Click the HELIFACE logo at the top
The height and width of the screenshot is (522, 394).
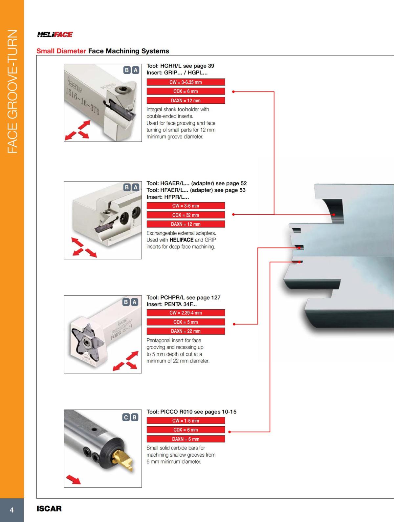pos(55,34)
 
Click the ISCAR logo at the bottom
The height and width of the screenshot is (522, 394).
pos(49,509)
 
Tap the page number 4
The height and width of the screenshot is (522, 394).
pos(12,510)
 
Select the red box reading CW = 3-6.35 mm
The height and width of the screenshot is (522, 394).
pos(186,82)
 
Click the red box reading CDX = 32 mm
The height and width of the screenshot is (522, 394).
pos(186,215)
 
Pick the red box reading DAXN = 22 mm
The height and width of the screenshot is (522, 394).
pos(186,331)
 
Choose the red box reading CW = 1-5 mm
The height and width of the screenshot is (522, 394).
pos(186,421)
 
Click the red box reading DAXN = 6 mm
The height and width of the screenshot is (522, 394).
pos(186,439)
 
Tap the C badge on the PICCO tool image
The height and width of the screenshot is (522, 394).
pos(126,417)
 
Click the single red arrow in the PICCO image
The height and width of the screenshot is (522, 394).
pos(74,479)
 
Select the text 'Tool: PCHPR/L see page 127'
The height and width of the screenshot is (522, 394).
pos(183,298)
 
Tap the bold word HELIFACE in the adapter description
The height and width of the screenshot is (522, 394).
pos(181,240)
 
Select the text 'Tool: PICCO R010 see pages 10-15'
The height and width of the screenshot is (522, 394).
pos(191,412)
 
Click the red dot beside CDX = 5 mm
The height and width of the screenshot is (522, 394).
pos(234,324)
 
